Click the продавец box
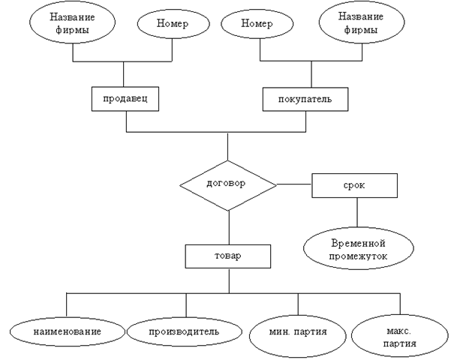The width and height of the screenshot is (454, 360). pyautogui.click(x=125, y=99)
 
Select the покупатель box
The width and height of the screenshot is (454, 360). pyautogui.click(x=296, y=99)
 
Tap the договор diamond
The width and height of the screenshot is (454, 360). pyautogui.click(x=227, y=183)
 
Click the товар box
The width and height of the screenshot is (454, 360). pyautogui.click(x=227, y=257)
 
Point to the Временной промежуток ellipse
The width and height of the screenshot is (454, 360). pyautogui.click(x=357, y=250)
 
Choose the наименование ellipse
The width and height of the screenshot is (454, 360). pyautogui.click(x=66, y=330)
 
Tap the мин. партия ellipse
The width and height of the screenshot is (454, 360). pyautogui.click(x=299, y=331)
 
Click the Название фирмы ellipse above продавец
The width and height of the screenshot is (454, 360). pyautogui.click(x=73, y=25)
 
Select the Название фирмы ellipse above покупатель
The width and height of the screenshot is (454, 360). pyautogui.click(x=358, y=25)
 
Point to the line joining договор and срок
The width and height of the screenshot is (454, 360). pyautogui.click(x=293, y=184)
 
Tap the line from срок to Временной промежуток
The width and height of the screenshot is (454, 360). pyautogui.click(x=356, y=213)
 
